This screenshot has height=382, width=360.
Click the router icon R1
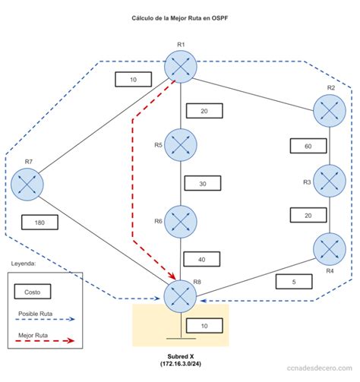click(180, 68)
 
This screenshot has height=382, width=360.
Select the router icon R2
click(330, 110)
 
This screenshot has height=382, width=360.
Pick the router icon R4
click(329, 249)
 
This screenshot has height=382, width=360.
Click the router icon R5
click(181, 145)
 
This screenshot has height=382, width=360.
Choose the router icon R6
click(181, 222)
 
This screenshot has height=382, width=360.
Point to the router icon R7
click(28, 185)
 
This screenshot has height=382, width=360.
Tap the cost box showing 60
click(308, 145)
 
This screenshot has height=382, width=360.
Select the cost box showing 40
click(202, 260)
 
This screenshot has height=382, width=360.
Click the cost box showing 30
click(202, 184)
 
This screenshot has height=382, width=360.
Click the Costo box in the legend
click(32, 291)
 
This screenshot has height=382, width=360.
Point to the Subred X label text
click(180, 361)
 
